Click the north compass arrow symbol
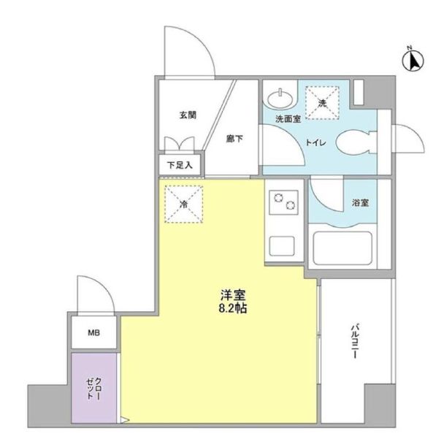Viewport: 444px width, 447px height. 413,61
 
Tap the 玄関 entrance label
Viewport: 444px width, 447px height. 188,115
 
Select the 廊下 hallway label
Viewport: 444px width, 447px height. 234,139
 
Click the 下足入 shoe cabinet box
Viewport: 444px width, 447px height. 180,165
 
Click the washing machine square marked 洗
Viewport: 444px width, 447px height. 322,103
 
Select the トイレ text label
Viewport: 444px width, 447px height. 315,142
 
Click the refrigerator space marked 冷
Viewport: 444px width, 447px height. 184,204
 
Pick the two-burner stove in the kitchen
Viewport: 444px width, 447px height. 284,202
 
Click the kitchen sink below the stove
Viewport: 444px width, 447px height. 282,246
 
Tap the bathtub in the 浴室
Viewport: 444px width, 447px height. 342,248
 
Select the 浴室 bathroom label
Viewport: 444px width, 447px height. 361,203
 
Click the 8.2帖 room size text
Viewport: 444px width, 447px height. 233,308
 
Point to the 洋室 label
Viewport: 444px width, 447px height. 233,295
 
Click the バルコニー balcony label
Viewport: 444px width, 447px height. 354,340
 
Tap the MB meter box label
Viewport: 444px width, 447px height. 93,332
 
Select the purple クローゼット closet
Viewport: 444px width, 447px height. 94,388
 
